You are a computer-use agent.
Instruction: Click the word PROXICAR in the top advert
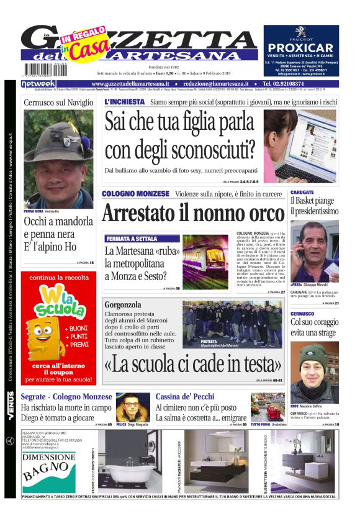click(x=301, y=47)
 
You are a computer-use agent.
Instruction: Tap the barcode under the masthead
click(x=38, y=70)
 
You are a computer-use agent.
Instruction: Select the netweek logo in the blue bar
click(x=38, y=83)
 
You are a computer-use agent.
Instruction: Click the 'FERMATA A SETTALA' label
click(x=131, y=239)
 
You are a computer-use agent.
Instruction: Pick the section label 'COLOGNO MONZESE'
click(x=135, y=194)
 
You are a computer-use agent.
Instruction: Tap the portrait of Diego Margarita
click(x=133, y=407)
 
